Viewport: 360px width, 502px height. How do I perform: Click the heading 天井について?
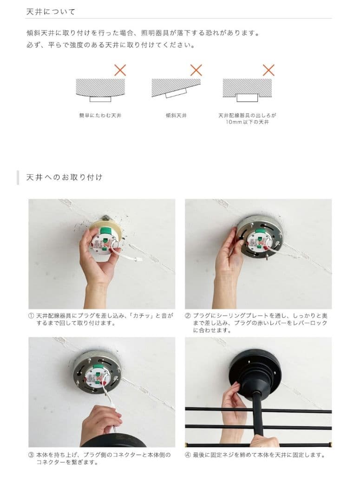[51, 12]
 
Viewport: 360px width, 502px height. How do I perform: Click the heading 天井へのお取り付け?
[64, 177]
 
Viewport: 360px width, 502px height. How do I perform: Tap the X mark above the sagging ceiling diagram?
[120, 70]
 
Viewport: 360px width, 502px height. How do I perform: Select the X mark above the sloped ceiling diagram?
[196, 70]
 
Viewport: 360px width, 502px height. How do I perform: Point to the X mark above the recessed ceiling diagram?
[268, 70]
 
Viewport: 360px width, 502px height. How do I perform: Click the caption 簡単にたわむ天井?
[100, 115]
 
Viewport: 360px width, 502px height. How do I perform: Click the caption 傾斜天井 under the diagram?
[176, 115]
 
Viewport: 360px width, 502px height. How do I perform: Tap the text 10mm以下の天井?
[247, 122]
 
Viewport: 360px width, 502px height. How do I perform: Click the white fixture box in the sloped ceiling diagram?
[176, 93]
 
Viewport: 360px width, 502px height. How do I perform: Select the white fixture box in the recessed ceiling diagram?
[247, 97]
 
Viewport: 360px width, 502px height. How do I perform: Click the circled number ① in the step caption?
[31, 316]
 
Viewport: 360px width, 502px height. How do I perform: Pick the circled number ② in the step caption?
[188, 316]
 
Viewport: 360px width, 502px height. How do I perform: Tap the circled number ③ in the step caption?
[31, 455]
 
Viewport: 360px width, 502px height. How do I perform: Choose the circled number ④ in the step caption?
[188, 455]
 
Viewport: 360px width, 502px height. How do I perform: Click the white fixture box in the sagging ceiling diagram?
[100, 99]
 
